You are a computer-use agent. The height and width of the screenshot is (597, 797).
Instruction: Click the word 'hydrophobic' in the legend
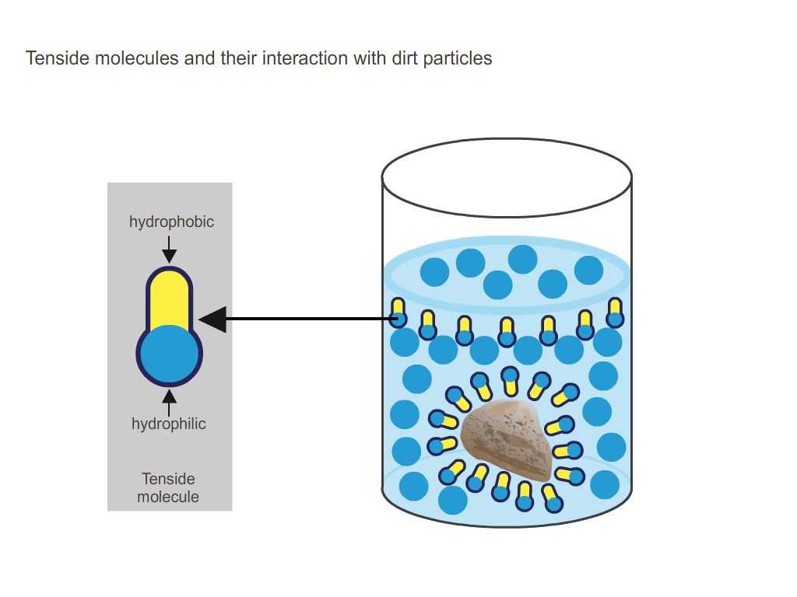[171, 222]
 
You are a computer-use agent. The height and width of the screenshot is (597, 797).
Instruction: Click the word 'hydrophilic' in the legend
[169, 424]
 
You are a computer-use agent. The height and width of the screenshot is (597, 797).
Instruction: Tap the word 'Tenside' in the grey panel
[168, 479]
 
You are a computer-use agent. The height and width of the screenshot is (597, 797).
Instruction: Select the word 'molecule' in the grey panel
[168, 497]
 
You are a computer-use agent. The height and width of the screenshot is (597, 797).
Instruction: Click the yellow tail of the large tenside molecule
[170, 299]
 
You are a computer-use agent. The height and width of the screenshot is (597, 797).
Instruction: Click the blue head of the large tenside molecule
[170, 354]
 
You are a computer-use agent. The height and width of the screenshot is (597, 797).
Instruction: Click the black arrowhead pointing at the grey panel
[212, 319]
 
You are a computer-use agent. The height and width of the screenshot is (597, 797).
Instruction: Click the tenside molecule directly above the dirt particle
[510, 380]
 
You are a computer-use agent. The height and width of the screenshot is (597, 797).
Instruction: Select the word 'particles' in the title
[458, 58]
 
